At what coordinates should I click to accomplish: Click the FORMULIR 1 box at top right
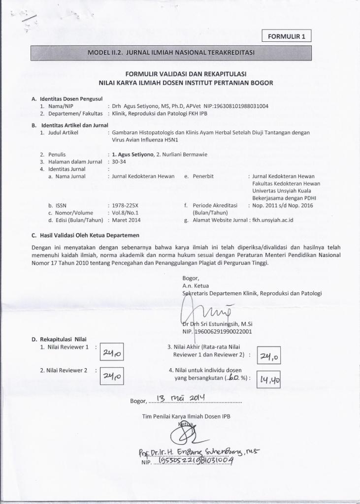coord(287,36)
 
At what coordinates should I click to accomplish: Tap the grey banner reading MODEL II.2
coord(171,52)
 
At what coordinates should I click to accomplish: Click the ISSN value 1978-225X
coord(126,205)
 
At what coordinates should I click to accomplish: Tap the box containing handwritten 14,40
coord(267,379)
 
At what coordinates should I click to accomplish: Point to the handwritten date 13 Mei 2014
coord(178,398)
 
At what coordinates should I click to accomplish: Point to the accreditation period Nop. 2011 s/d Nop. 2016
coord(282,205)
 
